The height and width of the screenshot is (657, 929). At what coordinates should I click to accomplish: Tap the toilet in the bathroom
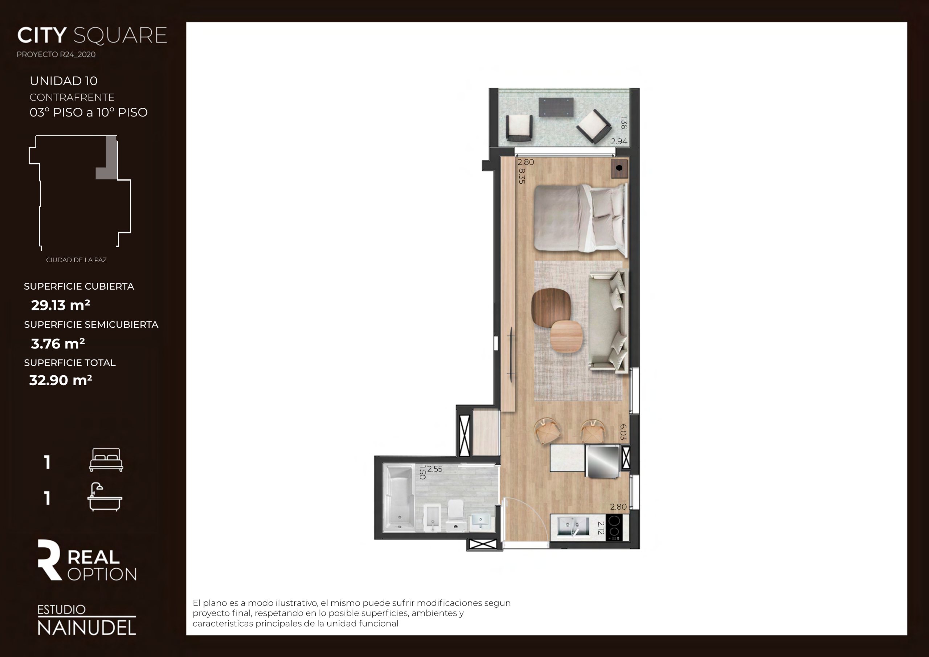point(455,515)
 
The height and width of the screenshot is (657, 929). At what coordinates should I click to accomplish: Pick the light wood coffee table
point(566,336)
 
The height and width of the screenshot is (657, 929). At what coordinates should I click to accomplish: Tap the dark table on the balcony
point(556,107)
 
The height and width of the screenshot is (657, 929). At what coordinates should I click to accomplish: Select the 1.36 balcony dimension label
point(623,122)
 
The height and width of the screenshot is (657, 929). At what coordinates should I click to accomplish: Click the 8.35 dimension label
point(521,176)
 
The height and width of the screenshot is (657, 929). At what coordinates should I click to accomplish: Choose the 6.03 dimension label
point(623,432)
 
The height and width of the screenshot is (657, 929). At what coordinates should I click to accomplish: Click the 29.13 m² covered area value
point(61,305)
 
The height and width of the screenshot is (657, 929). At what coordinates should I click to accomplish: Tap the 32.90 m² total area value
point(61,380)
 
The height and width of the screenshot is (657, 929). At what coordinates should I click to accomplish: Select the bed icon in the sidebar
point(106,460)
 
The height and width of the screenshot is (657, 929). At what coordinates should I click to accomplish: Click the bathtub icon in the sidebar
point(105,497)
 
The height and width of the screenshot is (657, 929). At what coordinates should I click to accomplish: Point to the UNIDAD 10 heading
point(64,81)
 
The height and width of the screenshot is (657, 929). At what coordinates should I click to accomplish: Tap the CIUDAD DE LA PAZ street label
point(77,260)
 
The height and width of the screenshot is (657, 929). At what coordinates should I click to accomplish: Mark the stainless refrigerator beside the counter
point(602,461)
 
